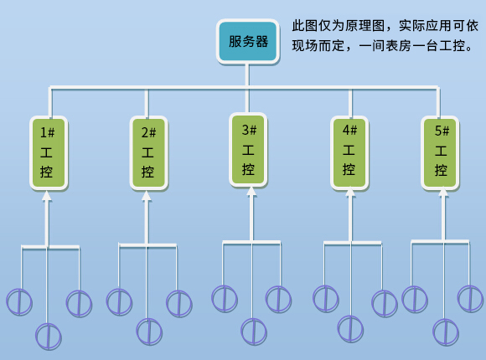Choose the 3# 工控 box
[x=248, y=150]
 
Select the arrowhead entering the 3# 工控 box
[x=251, y=192]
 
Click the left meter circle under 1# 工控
[x=19, y=301]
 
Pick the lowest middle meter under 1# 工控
[x=49, y=336]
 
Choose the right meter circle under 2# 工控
[x=178, y=303]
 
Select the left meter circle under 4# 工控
[x=326, y=298]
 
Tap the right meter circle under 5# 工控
[x=470, y=298]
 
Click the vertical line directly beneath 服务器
[x=246, y=75]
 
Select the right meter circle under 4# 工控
[x=385, y=303]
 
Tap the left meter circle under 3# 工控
[x=224, y=298]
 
